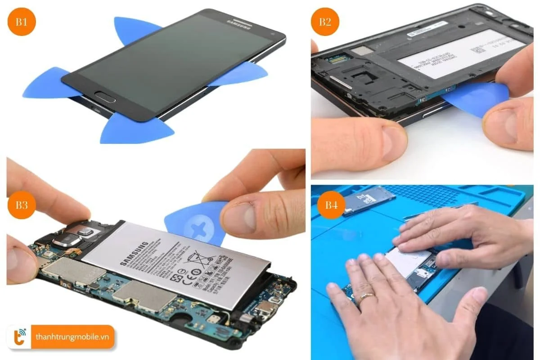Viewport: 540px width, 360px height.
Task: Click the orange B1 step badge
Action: click(22, 21)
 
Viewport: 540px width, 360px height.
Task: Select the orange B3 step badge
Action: click(22, 205)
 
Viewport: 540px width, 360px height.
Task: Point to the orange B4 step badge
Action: click(332, 205)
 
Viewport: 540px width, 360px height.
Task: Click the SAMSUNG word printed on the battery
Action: click(135, 256)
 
